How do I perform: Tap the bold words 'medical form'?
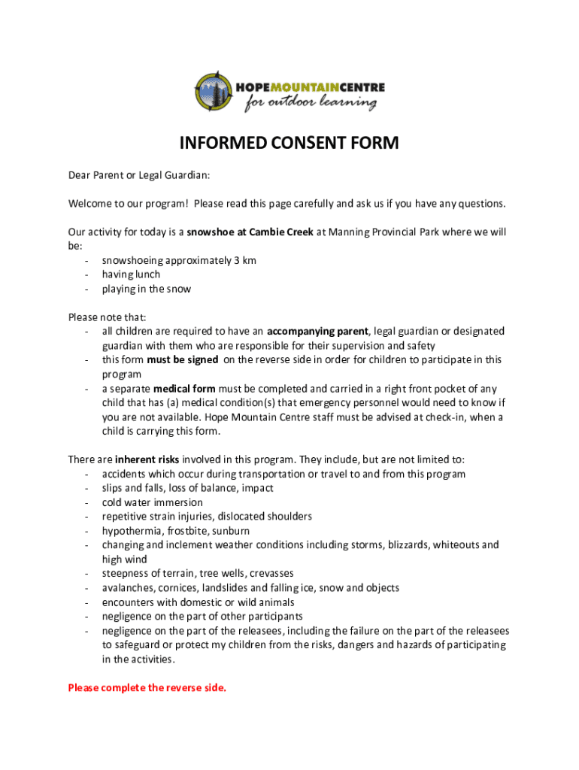[x=184, y=389]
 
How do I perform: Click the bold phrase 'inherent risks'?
[x=147, y=459]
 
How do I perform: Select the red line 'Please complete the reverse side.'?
[x=147, y=687]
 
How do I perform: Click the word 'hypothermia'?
[x=131, y=531]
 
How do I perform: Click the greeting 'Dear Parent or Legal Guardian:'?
[x=139, y=175]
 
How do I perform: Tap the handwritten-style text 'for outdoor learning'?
[x=311, y=104]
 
